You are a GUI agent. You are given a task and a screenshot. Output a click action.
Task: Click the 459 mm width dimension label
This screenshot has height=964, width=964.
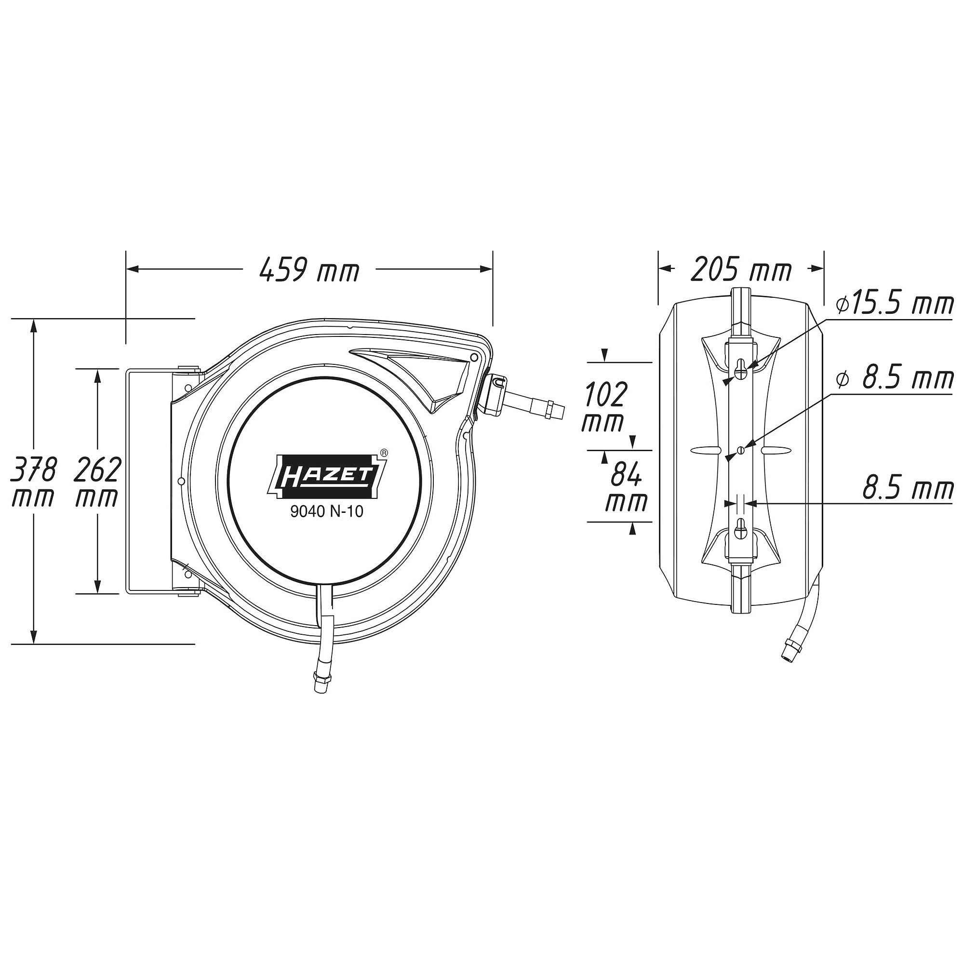(309, 270)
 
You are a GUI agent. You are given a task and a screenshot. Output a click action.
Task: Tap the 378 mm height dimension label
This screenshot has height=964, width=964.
(33, 482)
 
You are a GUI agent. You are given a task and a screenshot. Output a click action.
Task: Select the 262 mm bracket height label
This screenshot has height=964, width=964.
(97, 482)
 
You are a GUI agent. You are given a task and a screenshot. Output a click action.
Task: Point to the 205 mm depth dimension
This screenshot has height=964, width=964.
(741, 270)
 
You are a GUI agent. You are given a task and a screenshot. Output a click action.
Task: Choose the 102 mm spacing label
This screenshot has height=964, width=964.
(604, 407)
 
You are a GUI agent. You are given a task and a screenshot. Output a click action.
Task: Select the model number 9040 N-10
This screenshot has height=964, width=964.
(327, 512)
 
